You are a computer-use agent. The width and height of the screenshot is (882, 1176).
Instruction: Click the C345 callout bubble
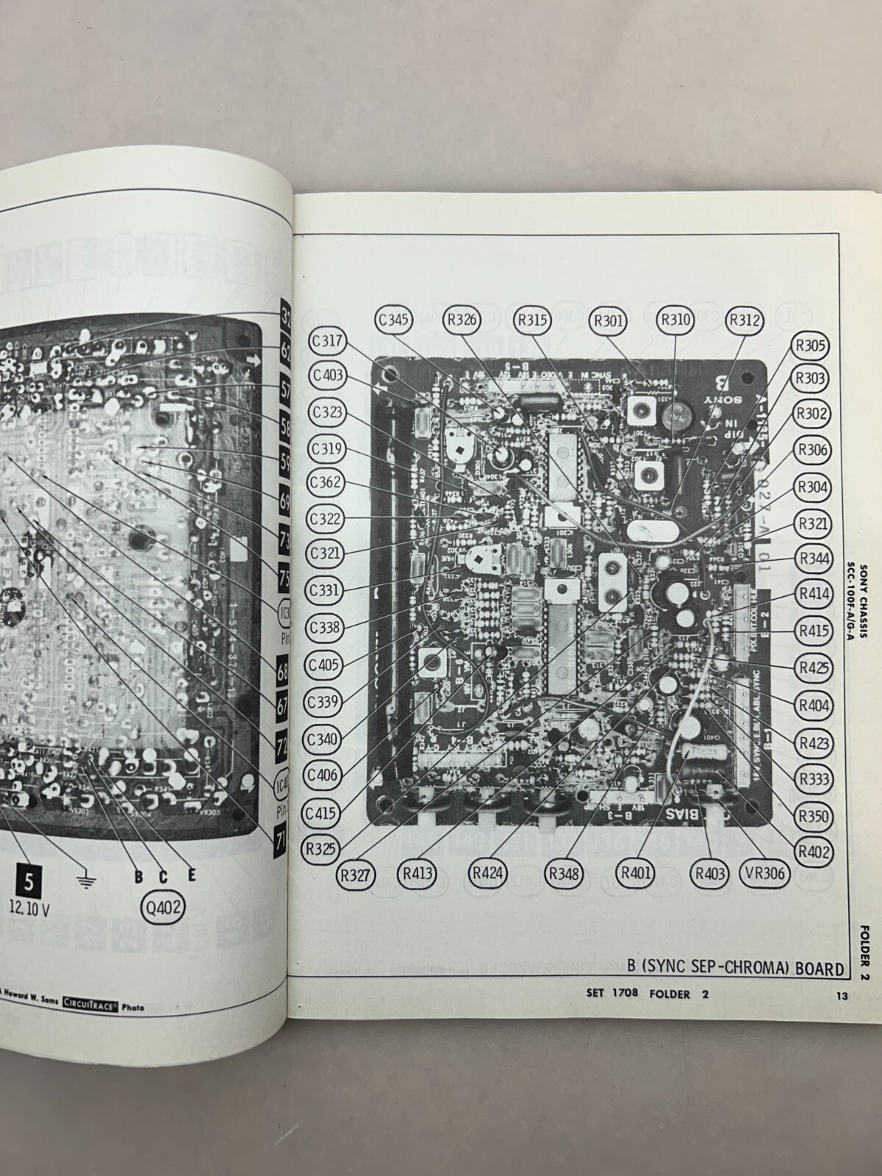point(395,320)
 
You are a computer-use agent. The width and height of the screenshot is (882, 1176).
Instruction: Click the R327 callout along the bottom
point(358,875)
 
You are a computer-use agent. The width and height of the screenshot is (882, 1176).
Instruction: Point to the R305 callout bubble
point(809,344)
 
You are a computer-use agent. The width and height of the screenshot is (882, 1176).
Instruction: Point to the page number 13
point(842,997)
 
